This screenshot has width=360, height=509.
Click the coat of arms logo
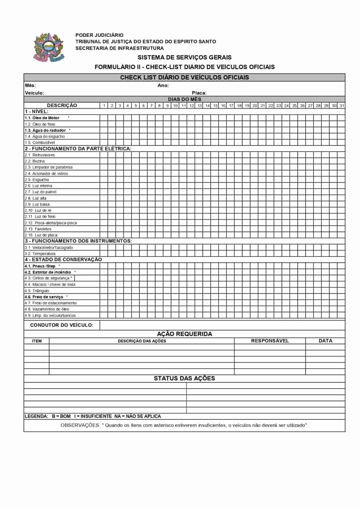[48, 47]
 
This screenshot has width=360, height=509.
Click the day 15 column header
[215, 106]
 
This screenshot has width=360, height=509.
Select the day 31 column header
[342, 106]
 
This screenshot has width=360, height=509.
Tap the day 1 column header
[104, 106]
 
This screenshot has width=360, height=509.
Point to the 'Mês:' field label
[30, 85]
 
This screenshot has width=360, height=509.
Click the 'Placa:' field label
[199, 93]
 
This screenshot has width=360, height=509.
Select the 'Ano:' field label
[163, 85]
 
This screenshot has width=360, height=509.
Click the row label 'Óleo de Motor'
[46, 118]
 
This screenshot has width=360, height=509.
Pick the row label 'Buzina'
[38, 161]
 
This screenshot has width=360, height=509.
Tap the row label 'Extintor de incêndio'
[52, 272]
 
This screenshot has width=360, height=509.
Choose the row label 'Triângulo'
[40, 291]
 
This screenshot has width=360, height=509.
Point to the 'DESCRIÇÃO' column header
[62, 105]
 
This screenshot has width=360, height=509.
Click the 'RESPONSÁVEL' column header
[270, 341]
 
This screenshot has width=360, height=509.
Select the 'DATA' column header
[325, 341]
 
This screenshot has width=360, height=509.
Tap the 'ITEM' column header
[37, 341]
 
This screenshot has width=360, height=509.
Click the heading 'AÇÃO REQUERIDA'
[184, 334]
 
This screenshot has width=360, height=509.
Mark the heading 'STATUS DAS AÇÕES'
[184, 378]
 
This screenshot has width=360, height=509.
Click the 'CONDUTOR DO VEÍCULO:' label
[62, 325]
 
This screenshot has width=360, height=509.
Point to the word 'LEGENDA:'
[36, 416]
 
